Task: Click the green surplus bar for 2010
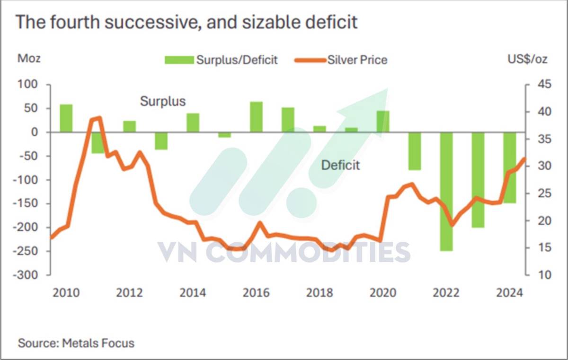coord(66,118)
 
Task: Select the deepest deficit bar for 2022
coord(446,192)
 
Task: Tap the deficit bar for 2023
coord(478,180)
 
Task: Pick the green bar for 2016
coord(256,117)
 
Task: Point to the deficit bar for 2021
coord(415,151)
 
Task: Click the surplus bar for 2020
coord(383,122)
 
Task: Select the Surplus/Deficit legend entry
coord(221,60)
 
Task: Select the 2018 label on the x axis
coord(319,293)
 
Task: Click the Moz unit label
coord(29,59)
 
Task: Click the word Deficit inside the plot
coord(340,165)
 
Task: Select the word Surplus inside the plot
coord(163,101)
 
